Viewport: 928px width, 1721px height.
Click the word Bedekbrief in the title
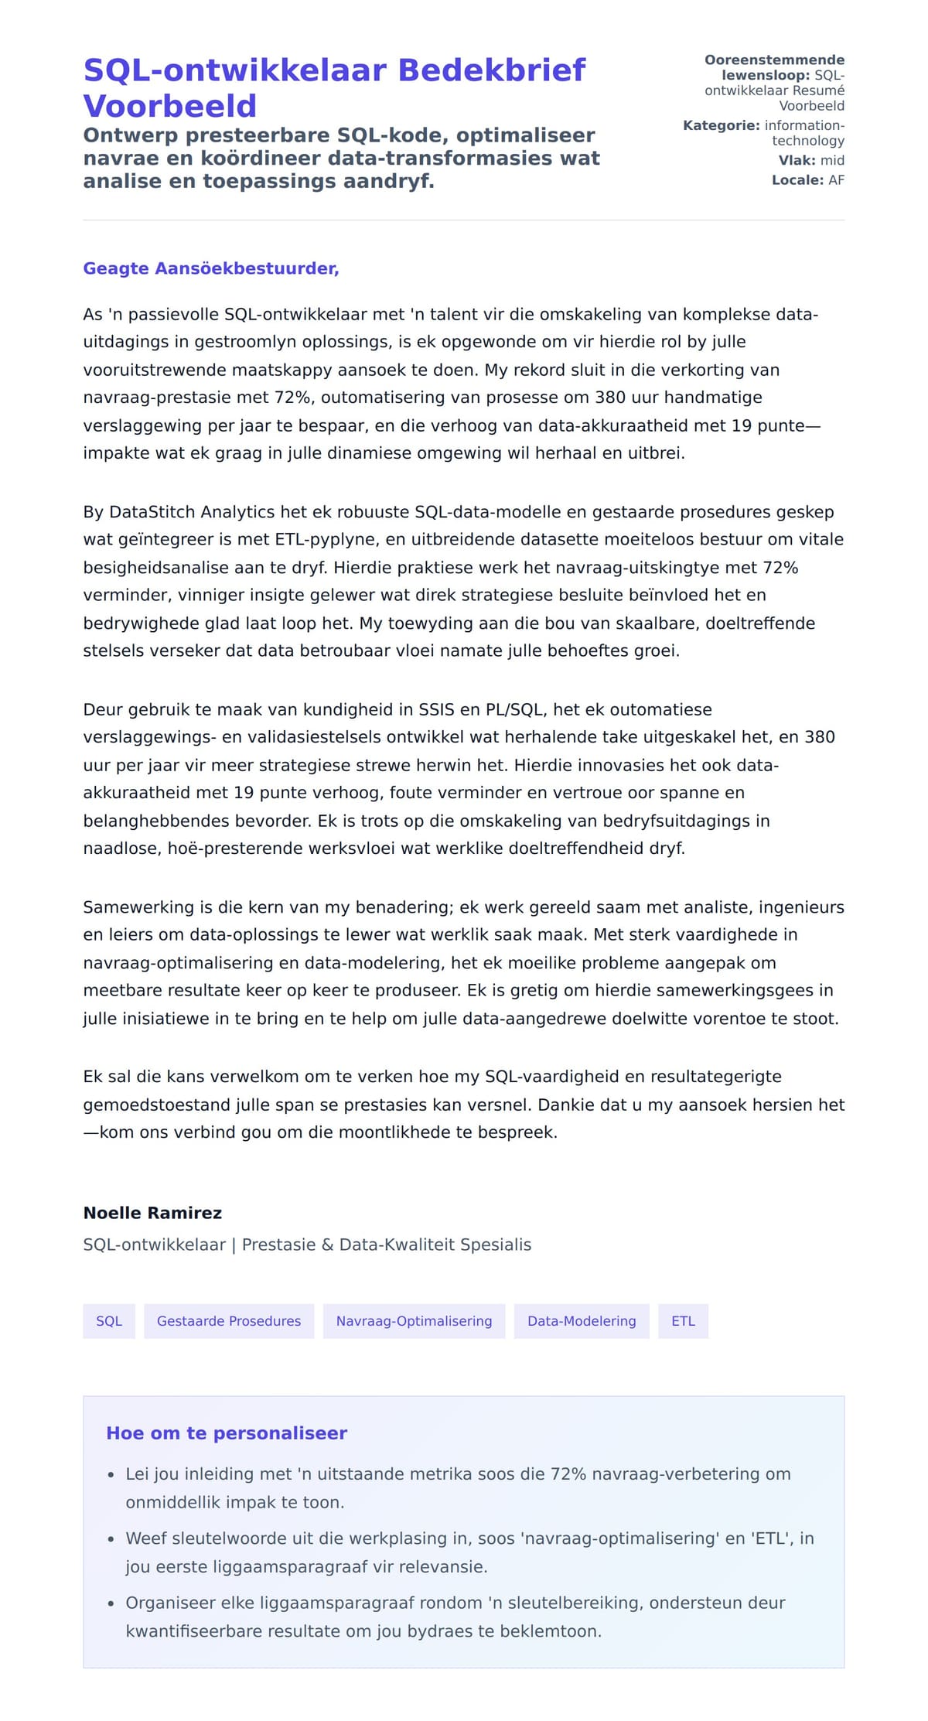(x=492, y=70)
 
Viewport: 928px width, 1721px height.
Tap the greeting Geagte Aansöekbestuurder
(x=211, y=268)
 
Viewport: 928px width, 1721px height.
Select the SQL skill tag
(x=109, y=1321)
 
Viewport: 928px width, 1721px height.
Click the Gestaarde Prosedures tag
(x=229, y=1321)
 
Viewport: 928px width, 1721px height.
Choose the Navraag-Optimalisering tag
(x=414, y=1321)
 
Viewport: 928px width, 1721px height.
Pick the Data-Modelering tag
(x=582, y=1321)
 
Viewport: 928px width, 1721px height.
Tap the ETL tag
(x=683, y=1321)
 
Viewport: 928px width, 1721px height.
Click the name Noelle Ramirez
(x=152, y=1213)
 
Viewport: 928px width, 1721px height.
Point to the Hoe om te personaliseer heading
(x=227, y=1433)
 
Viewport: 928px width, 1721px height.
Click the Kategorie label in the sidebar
(x=722, y=125)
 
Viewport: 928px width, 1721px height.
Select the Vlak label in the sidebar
(x=797, y=160)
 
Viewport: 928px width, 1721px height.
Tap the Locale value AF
(x=836, y=180)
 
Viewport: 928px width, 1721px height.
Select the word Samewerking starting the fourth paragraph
(x=138, y=907)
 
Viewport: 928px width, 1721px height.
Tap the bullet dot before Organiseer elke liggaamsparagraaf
(x=111, y=1604)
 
